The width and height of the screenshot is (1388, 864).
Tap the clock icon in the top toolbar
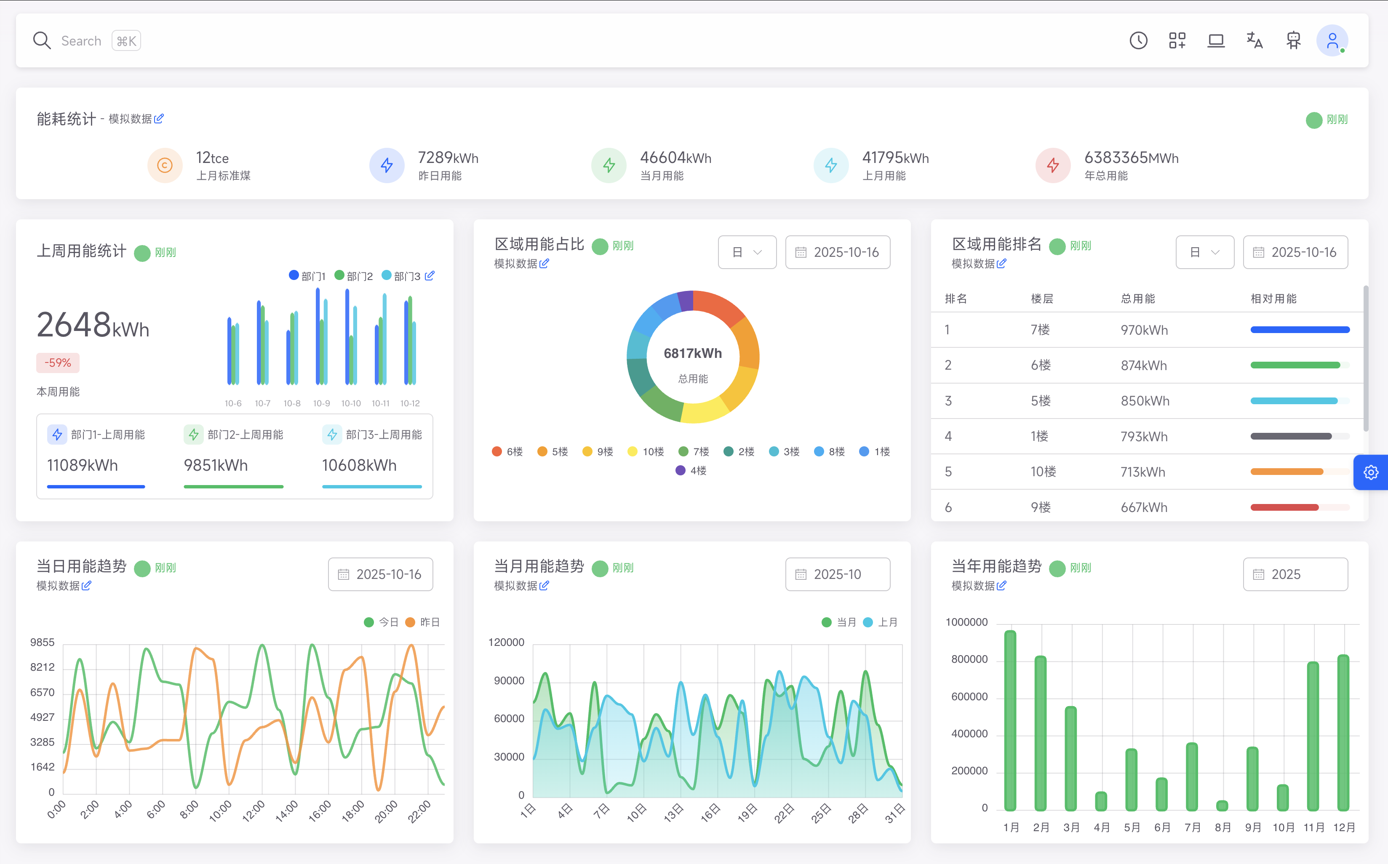[x=1138, y=40]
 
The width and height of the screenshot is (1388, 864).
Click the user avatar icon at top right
[x=1332, y=40]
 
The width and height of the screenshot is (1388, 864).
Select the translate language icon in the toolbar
[x=1254, y=40]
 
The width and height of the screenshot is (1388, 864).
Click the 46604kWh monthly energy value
[x=675, y=158]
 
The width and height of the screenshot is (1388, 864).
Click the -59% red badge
[x=58, y=363]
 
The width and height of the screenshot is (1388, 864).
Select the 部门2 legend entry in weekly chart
[x=354, y=277]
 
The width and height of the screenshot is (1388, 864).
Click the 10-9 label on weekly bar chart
[x=322, y=403]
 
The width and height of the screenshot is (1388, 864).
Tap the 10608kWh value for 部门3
[x=359, y=465]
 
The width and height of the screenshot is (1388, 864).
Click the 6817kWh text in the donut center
[x=693, y=353]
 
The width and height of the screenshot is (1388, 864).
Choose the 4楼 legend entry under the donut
[x=691, y=471]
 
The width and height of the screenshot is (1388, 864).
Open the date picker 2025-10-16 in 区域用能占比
[x=837, y=252]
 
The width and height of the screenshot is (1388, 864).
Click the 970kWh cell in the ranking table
[x=1144, y=330]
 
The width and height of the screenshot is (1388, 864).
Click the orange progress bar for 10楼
[x=1286, y=472]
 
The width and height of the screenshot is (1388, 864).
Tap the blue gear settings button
[x=1371, y=472]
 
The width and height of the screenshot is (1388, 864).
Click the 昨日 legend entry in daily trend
[x=423, y=622]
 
